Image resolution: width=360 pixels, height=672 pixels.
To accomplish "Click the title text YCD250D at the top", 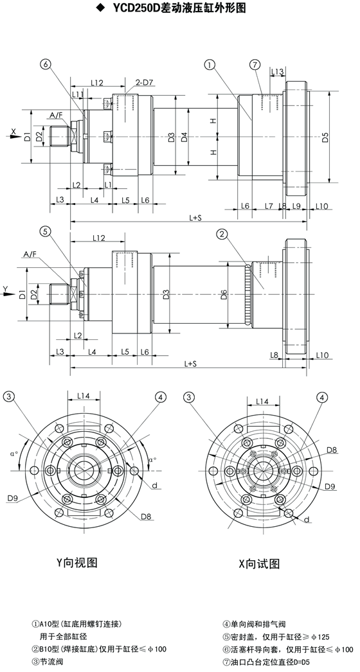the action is [131, 7].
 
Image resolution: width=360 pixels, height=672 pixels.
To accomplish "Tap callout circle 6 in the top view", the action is [46, 65].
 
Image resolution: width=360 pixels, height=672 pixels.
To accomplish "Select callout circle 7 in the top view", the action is [255, 65].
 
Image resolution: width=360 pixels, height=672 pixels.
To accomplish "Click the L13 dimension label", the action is [278, 71].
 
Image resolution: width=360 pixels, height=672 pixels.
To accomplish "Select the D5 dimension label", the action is [325, 137].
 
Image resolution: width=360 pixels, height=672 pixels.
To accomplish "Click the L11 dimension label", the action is [78, 94].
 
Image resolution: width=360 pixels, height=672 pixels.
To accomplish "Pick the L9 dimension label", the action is [296, 206].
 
